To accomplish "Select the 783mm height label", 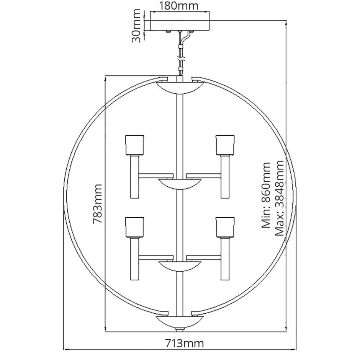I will (x=97, y=205).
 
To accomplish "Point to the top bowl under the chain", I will (x=180, y=88).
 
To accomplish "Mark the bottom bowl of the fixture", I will (x=180, y=323).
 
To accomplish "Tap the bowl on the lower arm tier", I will (x=179, y=266).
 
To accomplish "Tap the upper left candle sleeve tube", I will (x=134, y=176).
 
